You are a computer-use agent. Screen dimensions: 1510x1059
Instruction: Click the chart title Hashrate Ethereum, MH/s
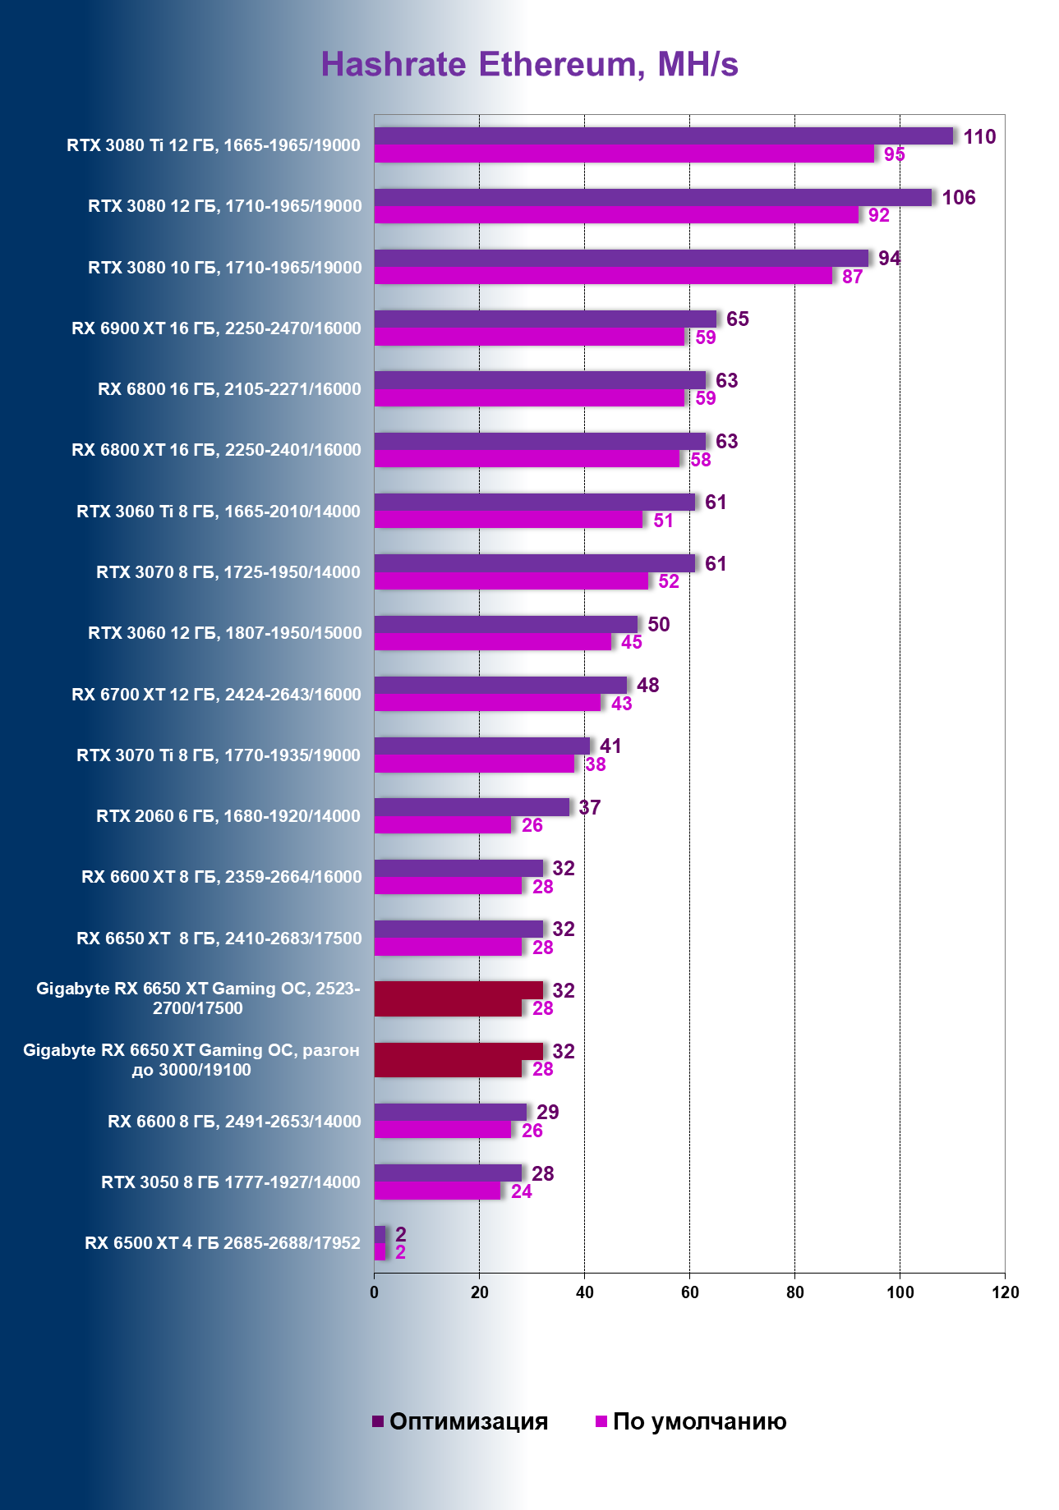(x=529, y=64)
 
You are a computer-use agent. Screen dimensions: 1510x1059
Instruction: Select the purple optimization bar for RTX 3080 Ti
(x=663, y=136)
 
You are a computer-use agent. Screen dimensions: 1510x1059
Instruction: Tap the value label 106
(x=958, y=198)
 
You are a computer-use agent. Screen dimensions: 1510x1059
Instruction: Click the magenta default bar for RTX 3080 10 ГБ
(x=603, y=276)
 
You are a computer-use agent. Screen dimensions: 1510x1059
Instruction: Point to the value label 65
(x=737, y=319)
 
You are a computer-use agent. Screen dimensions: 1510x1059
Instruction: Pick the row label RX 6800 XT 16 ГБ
(x=216, y=450)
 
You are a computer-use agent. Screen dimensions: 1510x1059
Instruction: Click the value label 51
(x=663, y=521)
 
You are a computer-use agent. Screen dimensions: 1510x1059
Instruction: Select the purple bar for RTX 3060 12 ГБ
(x=506, y=624)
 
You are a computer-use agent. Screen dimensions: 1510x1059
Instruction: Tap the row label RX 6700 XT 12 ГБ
(x=216, y=695)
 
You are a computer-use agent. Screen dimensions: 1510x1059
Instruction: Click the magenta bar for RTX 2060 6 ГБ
(x=442, y=825)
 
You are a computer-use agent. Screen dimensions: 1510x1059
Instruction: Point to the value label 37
(x=589, y=807)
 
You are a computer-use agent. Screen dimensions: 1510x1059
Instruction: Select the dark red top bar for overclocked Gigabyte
(x=458, y=1051)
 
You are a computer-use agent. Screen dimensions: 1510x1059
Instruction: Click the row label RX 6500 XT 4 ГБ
(x=223, y=1243)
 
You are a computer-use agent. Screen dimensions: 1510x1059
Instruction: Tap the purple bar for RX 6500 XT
(x=380, y=1234)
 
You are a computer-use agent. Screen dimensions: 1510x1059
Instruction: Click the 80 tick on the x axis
(x=794, y=1292)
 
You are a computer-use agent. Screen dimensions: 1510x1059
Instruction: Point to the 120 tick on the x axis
(x=1005, y=1292)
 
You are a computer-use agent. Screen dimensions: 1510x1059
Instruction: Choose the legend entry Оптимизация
(x=460, y=1421)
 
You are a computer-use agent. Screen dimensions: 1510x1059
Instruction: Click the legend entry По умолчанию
(x=691, y=1421)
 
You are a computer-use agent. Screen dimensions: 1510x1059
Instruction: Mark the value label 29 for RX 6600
(x=547, y=1112)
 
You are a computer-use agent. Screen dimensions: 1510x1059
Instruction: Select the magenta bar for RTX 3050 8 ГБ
(x=437, y=1191)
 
